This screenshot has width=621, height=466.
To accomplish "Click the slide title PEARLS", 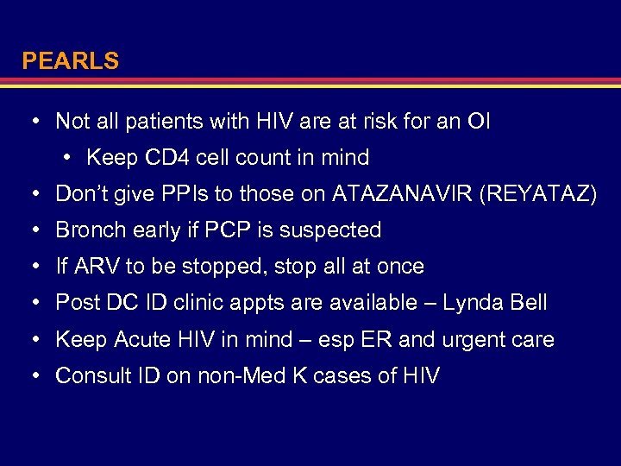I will click(70, 61).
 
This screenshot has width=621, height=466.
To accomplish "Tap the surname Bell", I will click(528, 303).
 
